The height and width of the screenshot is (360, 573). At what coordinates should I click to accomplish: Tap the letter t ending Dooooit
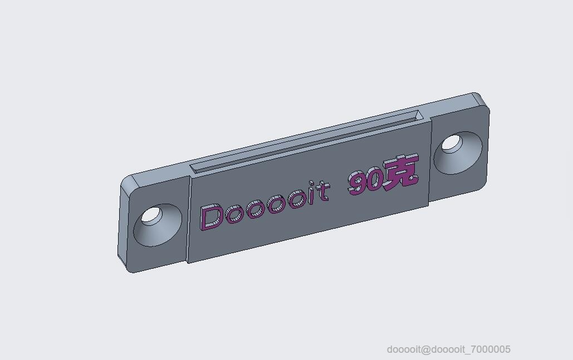[322, 191]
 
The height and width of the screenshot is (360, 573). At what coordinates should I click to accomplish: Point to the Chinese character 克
[400, 171]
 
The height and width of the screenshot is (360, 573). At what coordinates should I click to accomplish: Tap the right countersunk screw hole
[458, 152]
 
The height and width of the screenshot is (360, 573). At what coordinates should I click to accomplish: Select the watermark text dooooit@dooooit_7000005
[448, 349]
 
